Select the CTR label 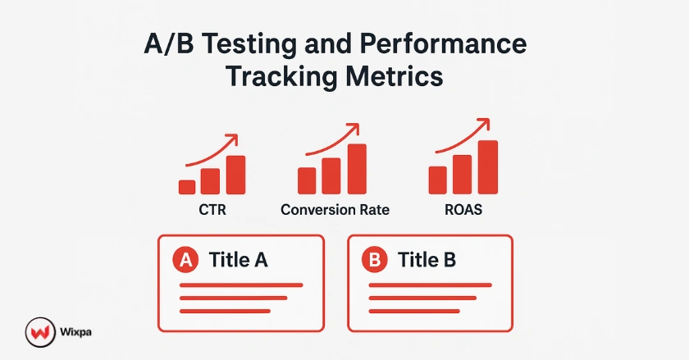coord(212,210)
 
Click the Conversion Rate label coord(335,210)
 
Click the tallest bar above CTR coord(236,174)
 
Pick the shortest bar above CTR coord(187,187)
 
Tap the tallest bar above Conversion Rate coord(357,169)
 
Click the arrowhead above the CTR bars coord(233,139)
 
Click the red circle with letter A coord(186,261)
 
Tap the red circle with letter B coord(375,261)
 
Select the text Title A coord(239,261)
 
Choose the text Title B coord(427,261)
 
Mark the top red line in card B coord(430,285)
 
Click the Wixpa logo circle coord(39,332)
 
